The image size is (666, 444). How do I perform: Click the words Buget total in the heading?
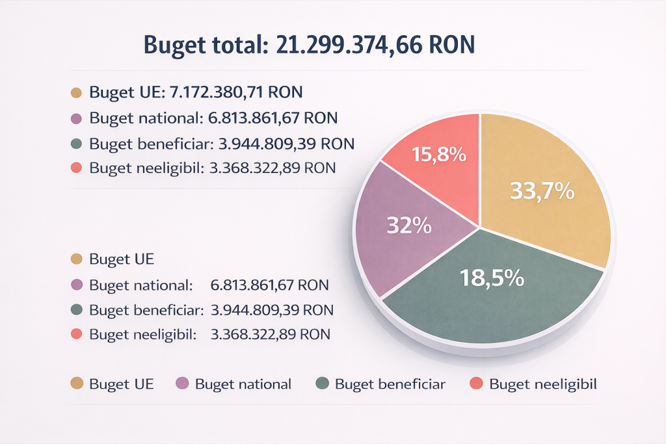[x=204, y=45]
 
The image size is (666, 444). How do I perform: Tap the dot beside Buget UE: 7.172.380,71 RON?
[x=75, y=93]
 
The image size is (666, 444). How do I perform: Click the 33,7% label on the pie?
[x=542, y=190]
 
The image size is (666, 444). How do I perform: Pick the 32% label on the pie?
[x=409, y=225]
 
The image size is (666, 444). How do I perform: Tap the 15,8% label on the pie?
[x=439, y=154]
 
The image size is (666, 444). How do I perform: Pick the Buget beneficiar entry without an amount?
[x=390, y=384]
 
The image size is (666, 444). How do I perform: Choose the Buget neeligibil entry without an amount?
[x=542, y=384]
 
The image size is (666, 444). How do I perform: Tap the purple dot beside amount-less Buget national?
[x=183, y=384]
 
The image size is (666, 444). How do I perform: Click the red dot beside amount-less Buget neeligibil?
[x=476, y=384]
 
